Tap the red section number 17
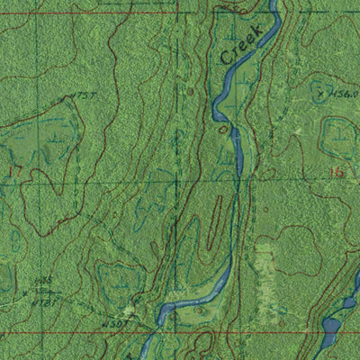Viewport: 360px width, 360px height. (x=13, y=168)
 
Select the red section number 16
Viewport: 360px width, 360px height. (x=337, y=171)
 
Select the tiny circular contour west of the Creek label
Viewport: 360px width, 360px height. (x=189, y=91)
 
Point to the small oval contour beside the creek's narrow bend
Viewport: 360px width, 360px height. (x=223, y=129)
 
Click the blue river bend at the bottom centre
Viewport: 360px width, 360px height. (x=180, y=307)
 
